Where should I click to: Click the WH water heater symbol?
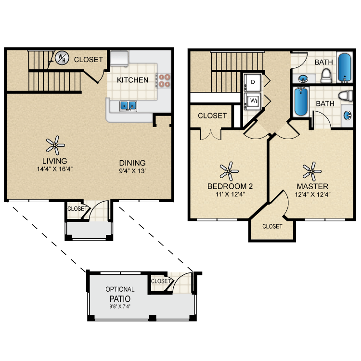click(x=61, y=59)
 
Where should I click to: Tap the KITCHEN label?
click(x=133, y=79)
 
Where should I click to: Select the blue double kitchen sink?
click(x=128, y=105)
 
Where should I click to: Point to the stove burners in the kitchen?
click(x=165, y=80)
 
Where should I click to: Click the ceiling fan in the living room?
click(x=55, y=143)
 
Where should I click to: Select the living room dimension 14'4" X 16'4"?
click(x=54, y=168)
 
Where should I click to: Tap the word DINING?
click(x=132, y=163)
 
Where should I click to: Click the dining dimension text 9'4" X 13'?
click(x=132, y=171)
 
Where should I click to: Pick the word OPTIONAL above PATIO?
click(x=120, y=289)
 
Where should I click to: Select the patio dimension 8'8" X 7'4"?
click(x=120, y=306)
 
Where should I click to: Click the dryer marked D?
click(x=253, y=82)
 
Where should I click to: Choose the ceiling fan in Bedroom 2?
click(x=230, y=170)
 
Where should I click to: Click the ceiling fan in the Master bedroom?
click(x=312, y=170)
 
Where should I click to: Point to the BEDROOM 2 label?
click(x=230, y=186)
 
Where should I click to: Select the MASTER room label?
click(x=312, y=186)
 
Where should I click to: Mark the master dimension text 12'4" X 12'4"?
click(x=312, y=195)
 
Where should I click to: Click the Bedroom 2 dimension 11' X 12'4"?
click(x=230, y=195)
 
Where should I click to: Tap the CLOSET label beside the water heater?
click(x=88, y=60)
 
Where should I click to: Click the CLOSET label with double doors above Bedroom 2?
click(x=212, y=116)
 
